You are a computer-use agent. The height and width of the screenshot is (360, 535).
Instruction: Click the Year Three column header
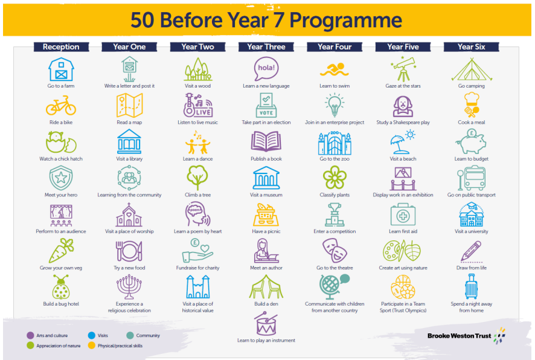coord(266,47)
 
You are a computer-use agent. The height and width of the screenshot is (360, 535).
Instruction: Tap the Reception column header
coord(61,47)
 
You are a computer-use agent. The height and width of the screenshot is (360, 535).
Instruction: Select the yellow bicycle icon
coord(61,106)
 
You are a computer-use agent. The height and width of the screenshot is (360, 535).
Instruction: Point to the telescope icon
coord(403,69)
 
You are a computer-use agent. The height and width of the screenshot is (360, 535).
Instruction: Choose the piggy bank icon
coord(471,141)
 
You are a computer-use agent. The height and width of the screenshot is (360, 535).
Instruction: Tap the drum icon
coord(266,324)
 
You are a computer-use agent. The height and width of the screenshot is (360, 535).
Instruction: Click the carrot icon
coord(62,251)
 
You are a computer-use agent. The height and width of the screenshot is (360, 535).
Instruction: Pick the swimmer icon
coord(335,69)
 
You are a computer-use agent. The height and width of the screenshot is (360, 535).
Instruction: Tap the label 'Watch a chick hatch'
coord(61,159)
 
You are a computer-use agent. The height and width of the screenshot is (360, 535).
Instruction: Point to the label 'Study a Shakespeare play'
coord(403,122)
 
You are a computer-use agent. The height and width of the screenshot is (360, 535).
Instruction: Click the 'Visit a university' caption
coord(471,231)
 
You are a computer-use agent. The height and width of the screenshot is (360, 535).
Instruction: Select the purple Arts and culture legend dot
coord(30,335)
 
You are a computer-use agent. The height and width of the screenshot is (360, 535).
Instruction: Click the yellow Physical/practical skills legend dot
coord(91,346)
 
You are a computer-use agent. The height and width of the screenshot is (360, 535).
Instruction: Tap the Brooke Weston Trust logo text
coord(460,336)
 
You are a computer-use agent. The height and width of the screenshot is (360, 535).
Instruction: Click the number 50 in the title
coord(143,20)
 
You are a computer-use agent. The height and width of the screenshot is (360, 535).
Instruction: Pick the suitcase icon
coord(471,286)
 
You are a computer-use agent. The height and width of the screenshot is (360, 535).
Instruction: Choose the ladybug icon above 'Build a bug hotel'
coord(61,288)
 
